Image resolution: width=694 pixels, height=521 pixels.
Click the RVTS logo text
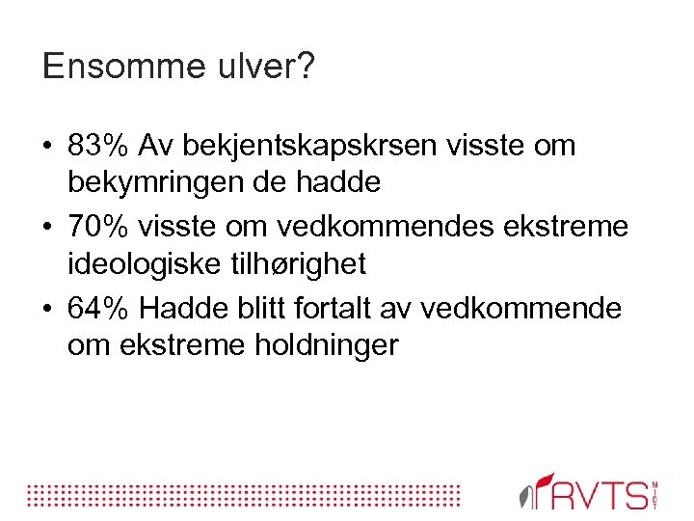tap(602, 495)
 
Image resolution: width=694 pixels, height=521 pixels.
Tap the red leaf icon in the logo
tap(545, 482)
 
